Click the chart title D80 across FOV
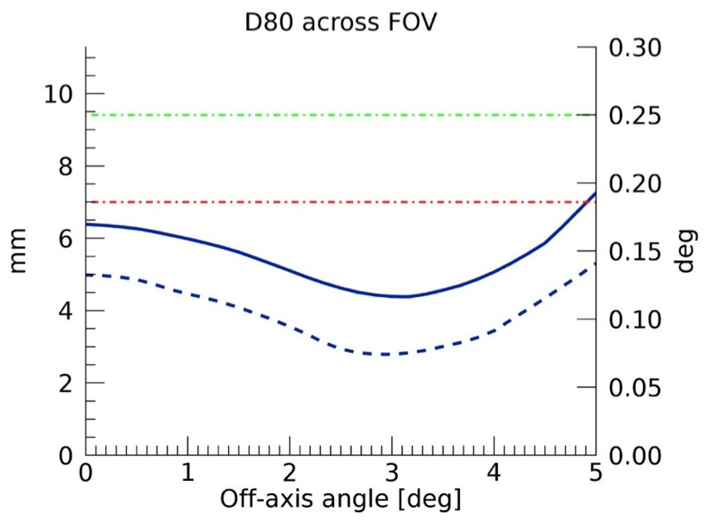tap(340, 23)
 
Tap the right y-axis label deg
tap(686, 251)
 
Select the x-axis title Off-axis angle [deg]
tap(340, 499)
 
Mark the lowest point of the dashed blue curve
tap(383, 354)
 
